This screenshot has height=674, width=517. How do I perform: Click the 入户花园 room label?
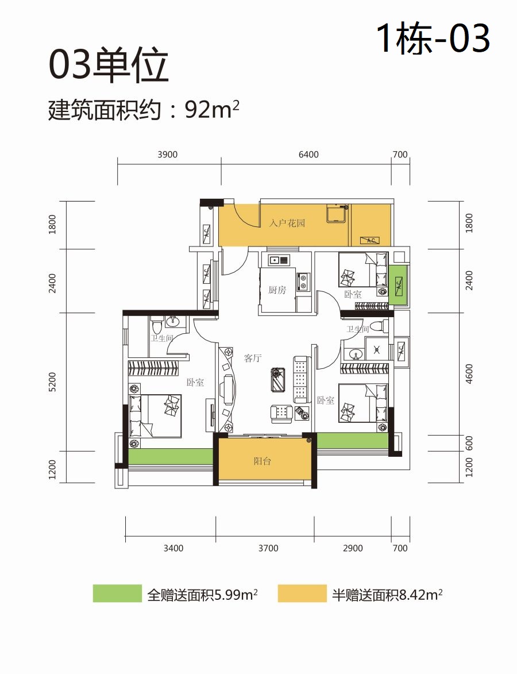[x=287, y=223]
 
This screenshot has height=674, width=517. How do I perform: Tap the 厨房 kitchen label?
[x=277, y=290]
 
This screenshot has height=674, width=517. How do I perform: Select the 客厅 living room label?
[x=253, y=358]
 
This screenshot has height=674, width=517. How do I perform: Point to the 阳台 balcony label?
[x=262, y=461]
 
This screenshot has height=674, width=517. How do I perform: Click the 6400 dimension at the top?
[x=308, y=155]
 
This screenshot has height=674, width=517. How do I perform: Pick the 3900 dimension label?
[x=167, y=155]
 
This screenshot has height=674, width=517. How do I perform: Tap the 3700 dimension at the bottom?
[x=268, y=548]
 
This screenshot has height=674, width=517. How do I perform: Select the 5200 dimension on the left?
[x=52, y=382]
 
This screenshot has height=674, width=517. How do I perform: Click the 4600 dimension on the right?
[x=469, y=374]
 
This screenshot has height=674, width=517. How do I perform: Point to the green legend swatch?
[x=117, y=594]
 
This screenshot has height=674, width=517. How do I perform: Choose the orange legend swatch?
[x=302, y=594]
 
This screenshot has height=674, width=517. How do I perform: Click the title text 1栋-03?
[x=433, y=38]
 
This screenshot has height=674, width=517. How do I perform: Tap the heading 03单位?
[x=109, y=65]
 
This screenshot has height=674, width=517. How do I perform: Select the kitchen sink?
[x=279, y=260]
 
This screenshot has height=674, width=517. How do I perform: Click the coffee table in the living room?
[x=278, y=380]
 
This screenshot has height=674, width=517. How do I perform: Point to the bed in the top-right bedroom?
[x=363, y=269]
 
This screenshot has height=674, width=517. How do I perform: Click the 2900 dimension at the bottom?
[x=353, y=548]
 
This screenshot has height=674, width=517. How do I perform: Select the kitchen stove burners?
[x=303, y=281]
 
